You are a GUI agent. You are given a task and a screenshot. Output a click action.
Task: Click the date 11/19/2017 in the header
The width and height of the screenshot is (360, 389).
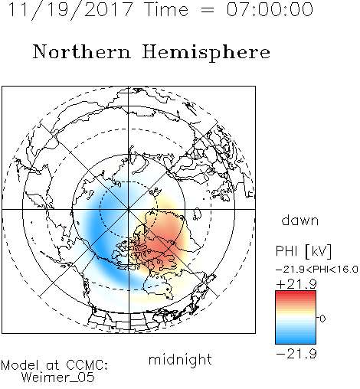click(70, 10)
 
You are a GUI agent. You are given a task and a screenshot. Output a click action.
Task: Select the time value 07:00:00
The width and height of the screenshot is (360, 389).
click(270, 9)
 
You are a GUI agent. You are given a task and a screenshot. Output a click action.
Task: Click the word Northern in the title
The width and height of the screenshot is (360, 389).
click(82, 51)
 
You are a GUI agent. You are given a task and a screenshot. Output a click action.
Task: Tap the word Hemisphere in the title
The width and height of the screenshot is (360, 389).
click(206, 52)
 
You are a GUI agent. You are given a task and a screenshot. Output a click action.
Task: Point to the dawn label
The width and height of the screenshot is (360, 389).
click(300, 220)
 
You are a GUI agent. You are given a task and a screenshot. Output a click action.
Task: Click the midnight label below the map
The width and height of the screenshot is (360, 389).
click(180, 360)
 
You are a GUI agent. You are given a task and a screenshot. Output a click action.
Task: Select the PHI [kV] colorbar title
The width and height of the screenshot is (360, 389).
click(303, 251)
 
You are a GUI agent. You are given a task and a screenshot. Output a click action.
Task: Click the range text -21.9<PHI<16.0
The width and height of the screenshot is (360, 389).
click(316, 269)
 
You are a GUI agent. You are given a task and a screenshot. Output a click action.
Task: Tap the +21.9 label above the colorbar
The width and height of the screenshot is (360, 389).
click(296, 284)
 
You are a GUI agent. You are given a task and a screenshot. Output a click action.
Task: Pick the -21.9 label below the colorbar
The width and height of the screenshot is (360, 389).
click(296, 354)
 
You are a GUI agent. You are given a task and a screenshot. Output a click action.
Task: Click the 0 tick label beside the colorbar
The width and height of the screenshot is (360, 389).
click(322, 319)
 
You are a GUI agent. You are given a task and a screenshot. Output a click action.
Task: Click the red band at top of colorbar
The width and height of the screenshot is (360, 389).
click(296, 294)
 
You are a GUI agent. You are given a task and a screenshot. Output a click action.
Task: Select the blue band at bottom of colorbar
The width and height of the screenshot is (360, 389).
click(296, 340)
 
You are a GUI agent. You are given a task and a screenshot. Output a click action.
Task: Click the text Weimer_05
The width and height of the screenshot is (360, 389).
click(58, 377)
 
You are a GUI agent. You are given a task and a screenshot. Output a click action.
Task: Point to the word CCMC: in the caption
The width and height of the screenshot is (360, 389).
click(87, 365)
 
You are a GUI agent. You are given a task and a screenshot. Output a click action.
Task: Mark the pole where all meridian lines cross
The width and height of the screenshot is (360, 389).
click(129, 209)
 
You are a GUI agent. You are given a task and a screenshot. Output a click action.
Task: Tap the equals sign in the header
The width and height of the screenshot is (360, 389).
click(208, 10)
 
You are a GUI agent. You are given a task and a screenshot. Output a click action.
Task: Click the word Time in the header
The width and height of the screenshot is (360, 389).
click(166, 9)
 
